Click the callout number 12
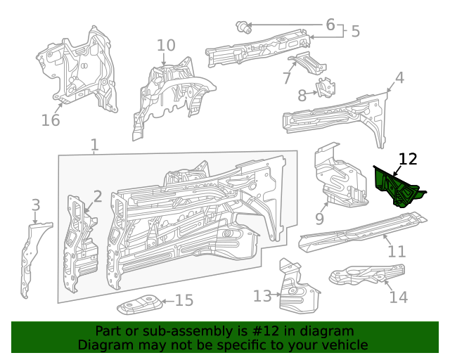point(408,160)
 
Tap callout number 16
point(51,120)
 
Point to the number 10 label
point(165,46)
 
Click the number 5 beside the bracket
point(355,32)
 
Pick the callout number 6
point(330,25)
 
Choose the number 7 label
point(287,78)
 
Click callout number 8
point(302,95)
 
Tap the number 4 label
point(399,78)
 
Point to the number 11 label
point(397,252)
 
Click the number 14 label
point(398,297)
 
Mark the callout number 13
point(262,297)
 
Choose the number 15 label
point(184,301)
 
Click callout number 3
point(35,205)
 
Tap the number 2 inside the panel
point(98,197)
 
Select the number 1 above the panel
point(94,146)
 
